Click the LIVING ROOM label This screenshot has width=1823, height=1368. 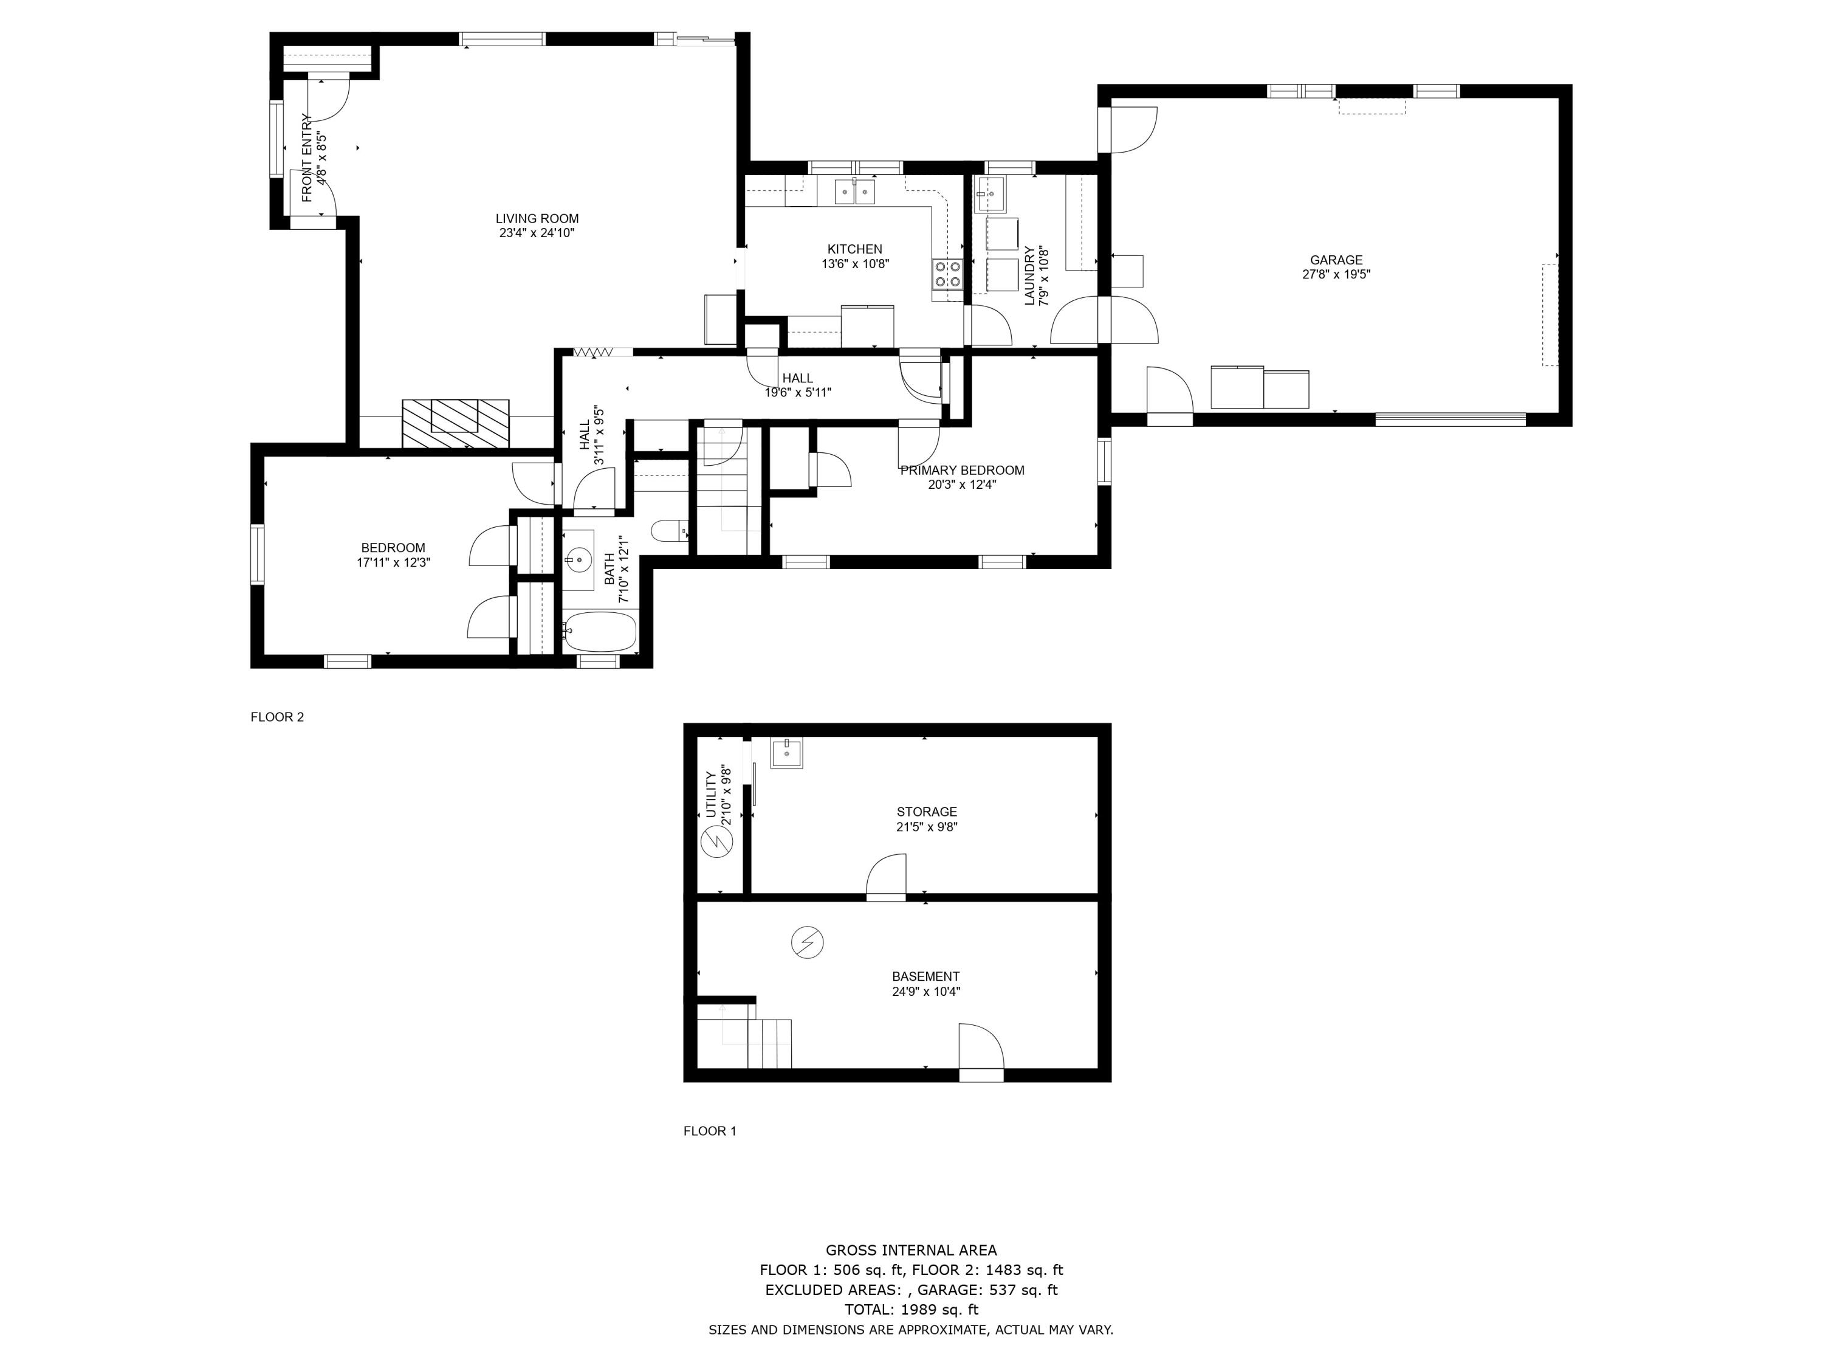pyautogui.click(x=537, y=218)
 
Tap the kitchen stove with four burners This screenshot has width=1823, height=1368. pyautogui.click(x=948, y=274)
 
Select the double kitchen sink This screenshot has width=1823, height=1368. pyautogui.click(x=854, y=192)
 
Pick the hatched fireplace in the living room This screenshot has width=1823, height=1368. pyautogui.click(x=455, y=424)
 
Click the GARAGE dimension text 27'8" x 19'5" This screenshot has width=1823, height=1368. pyautogui.click(x=1336, y=275)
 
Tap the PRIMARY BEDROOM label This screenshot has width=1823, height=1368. pyautogui.click(x=962, y=470)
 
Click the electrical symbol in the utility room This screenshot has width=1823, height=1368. pyautogui.click(x=715, y=842)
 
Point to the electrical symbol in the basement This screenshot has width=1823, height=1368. pyautogui.click(x=807, y=942)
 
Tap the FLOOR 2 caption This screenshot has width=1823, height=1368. pyautogui.click(x=277, y=717)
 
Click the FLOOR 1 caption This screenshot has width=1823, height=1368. pyautogui.click(x=710, y=1131)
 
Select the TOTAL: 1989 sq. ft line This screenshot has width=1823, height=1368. pyautogui.click(x=911, y=1310)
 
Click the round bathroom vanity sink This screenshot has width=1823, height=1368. pyautogui.click(x=578, y=561)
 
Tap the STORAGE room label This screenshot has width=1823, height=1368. pyautogui.click(x=926, y=812)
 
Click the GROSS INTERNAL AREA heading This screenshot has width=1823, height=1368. pyautogui.click(x=911, y=1250)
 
